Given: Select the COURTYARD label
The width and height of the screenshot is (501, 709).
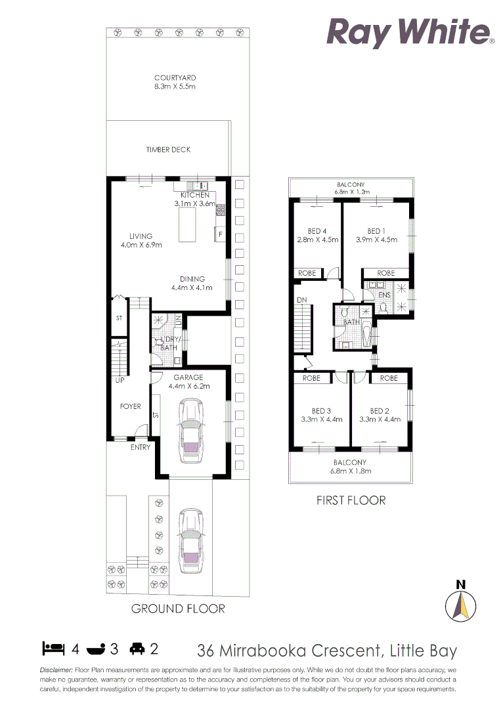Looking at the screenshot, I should [x=175, y=77].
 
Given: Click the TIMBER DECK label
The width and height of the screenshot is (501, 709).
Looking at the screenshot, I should [x=169, y=150].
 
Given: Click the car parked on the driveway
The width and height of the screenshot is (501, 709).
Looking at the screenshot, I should [x=191, y=538].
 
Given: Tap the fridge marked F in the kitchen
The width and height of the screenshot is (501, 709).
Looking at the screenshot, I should [x=220, y=234].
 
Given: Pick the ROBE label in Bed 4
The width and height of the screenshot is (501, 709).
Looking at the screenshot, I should [x=307, y=272].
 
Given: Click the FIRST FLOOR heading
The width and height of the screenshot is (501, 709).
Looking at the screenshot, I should [x=351, y=501].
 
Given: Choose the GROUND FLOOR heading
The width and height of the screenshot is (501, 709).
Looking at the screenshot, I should [x=178, y=609].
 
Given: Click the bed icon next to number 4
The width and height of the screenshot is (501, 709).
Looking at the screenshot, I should [x=53, y=649].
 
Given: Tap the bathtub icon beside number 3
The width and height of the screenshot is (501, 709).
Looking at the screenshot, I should [x=96, y=649].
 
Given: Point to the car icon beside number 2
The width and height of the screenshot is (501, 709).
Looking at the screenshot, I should [x=137, y=649].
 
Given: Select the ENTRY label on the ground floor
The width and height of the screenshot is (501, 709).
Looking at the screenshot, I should [x=140, y=447].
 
